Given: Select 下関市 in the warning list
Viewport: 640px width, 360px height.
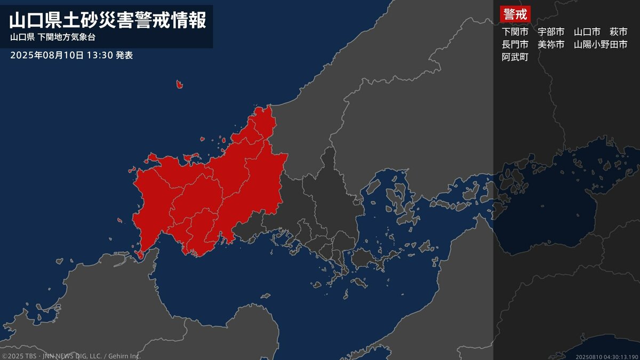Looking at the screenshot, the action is coord(515,32).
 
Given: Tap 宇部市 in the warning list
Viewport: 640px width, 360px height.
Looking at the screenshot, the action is coord(551,32).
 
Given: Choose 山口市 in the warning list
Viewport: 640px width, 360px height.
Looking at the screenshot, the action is coord(587,32).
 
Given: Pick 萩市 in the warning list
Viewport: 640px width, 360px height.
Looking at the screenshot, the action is coord(619,32).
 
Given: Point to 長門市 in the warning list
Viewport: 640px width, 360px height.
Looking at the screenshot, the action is coord(515,45).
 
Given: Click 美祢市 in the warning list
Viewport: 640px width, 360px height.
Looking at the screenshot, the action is coord(551,45).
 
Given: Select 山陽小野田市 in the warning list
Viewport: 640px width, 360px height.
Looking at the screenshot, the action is coord(601,45).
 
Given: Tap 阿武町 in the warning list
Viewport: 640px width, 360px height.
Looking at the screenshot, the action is coord(515,58).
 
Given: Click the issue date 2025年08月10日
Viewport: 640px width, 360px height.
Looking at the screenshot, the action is coord(47,55).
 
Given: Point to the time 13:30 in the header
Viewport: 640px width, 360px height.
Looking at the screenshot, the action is coord(100,55).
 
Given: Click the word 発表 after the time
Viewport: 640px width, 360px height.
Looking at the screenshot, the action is coord(124,55).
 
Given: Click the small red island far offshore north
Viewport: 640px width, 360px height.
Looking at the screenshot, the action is coord(180,84).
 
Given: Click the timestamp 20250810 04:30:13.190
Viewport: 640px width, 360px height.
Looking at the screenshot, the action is coord(607,356).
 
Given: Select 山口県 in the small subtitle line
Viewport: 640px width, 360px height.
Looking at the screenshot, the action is coord(22,38).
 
